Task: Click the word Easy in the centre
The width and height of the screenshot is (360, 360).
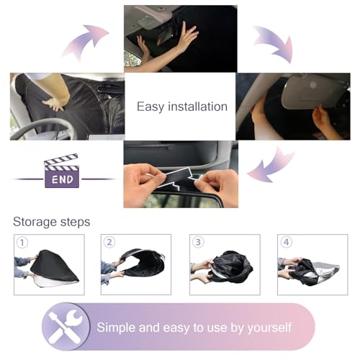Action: click(x=150, y=107)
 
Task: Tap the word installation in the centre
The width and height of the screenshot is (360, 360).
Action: click(x=197, y=107)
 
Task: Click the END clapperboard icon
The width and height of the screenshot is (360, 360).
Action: click(x=61, y=171)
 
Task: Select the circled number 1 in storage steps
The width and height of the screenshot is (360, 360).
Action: click(x=22, y=243)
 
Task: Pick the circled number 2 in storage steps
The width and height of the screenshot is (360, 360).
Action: click(x=109, y=242)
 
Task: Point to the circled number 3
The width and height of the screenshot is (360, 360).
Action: click(x=198, y=242)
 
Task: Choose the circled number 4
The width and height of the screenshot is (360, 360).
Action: click(x=287, y=242)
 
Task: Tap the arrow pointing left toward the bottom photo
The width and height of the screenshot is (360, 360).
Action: click(x=271, y=166)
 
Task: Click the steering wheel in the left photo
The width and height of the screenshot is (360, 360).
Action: click(x=43, y=128)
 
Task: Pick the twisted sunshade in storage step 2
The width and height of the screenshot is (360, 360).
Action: click(x=143, y=262)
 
